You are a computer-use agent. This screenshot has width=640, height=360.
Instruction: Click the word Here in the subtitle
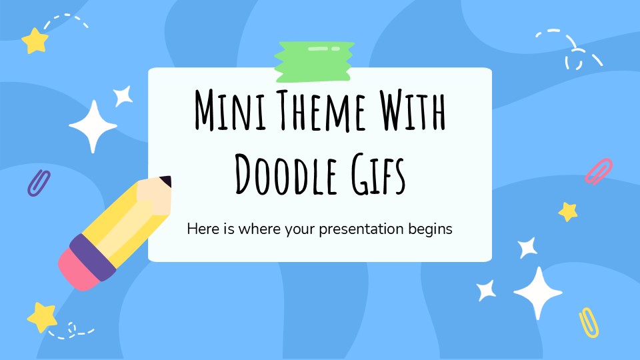coord(201,229)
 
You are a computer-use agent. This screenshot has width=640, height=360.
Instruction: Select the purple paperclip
coord(38,183)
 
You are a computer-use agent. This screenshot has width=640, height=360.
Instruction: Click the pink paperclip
coord(598,171)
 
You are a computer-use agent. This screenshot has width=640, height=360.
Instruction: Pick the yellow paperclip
coord(589,322)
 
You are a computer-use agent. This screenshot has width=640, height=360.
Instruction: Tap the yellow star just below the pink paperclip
coord(568,211)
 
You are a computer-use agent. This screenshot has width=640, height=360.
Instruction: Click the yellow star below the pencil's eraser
coord(41,316)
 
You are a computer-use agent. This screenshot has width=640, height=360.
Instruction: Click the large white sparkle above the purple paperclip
coord(93,126)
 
